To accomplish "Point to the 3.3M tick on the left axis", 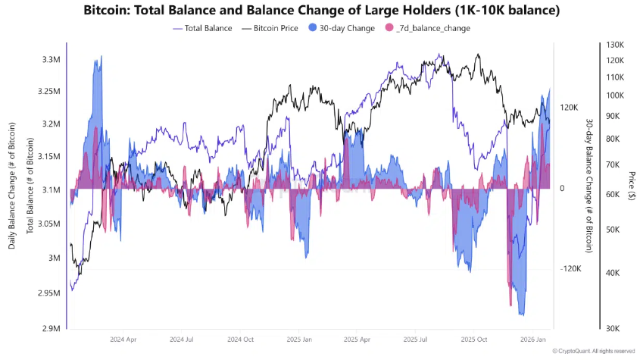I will [x=52, y=59].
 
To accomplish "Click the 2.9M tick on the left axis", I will [x=52, y=328].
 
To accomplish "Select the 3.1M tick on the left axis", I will [x=52, y=189].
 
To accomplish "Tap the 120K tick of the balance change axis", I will [x=569, y=108].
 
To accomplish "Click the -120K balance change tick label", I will [x=570, y=269].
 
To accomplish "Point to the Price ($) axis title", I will [x=632, y=189].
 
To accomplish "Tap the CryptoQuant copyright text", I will [x=594, y=351].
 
